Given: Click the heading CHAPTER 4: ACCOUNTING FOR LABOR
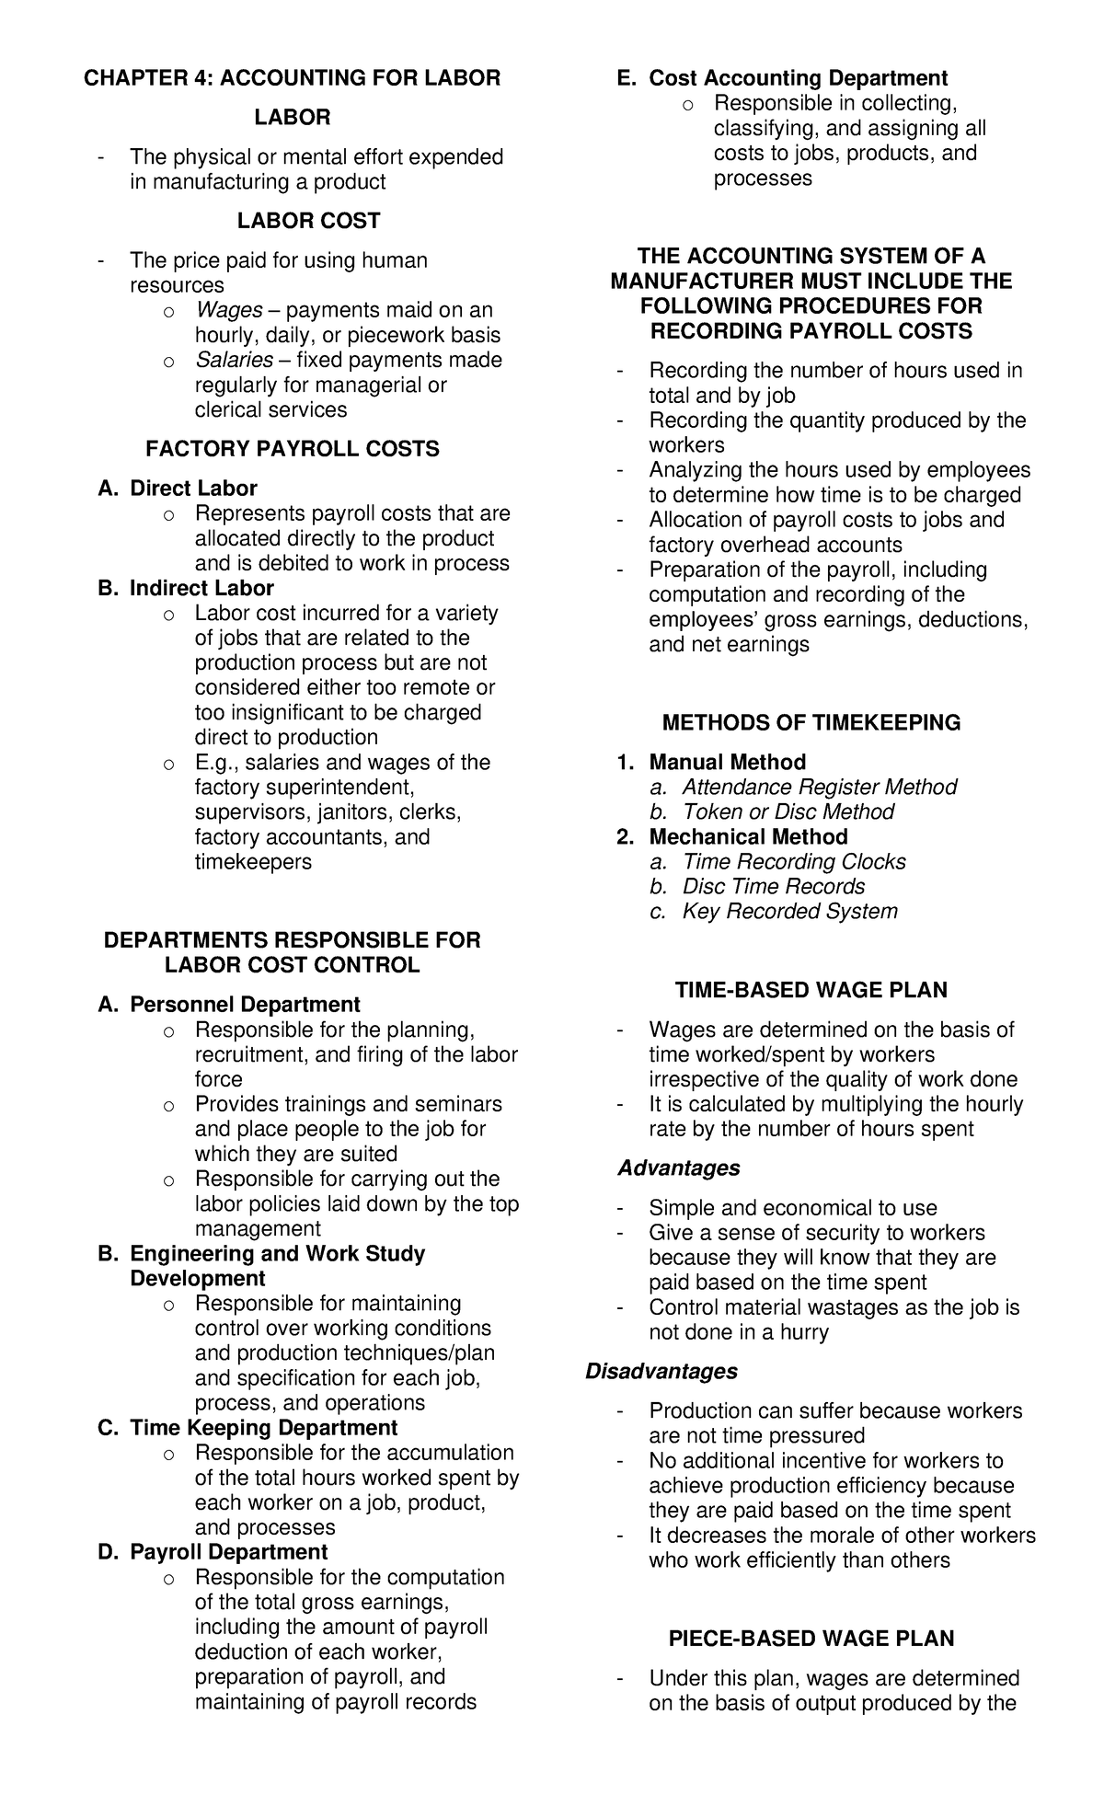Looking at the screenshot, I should pyautogui.click(x=293, y=78).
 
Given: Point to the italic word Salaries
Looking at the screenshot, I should pyautogui.click(x=234, y=360).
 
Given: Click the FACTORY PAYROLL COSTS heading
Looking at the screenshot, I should pyautogui.click(x=293, y=449).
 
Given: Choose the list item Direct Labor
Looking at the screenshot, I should pyautogui.click(x=193, y=489).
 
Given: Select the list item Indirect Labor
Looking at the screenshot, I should pyautogui.click(x=201, y=588).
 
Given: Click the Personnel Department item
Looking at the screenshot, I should pyautogui.click(x=245, y=1005).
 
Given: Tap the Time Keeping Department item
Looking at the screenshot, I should pyautogui.click(x=263, y=1428).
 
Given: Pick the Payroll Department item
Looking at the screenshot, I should pyautogui.click(x=228, y=1552).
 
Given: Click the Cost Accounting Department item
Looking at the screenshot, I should pyautogui.click(x=798, y=78).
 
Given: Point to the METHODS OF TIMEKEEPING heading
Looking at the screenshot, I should pyautogui.click(x=811, y=723).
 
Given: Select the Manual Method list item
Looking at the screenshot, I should pyautogui.click(x=727, y=763).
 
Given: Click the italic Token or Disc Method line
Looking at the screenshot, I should pyautogui.click(x=788, y=812).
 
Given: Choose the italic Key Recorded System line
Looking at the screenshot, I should pyautogui.click(x=789, y=912).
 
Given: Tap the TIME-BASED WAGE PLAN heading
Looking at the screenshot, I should pyautogui.click(x=811, y=990).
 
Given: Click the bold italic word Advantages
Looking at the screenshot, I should pyautogui.click(x=679, y=1168).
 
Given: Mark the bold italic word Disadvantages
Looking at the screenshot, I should pyautogui.click(x=661, y=1372).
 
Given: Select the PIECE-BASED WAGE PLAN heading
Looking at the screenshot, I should pyautogui.click(x=811, y=1639).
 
